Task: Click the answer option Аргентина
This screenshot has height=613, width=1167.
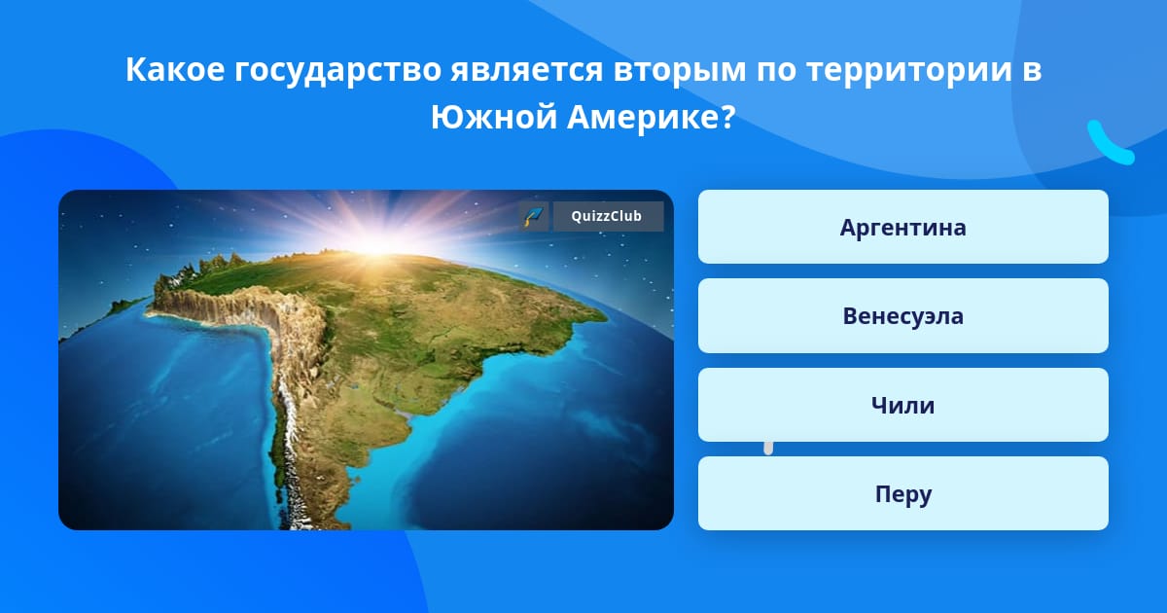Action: [x=902, y=227]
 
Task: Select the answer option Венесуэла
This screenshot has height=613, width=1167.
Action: [x=902, y=316]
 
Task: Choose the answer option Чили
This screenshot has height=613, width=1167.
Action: [x=902, y=405]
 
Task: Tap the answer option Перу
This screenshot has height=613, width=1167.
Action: [x=902, y=493]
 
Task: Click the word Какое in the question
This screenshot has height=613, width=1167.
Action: [x=175, y=69]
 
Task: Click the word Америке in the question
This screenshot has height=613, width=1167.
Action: [x=644, y=118]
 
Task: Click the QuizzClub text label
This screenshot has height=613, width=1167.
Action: [x=607, y=216]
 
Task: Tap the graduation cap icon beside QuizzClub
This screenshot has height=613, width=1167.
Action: [x=534, y=216]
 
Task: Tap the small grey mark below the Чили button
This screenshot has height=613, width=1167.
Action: [x=768, y=448]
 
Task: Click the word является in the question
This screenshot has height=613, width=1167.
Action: [x=527, y=70]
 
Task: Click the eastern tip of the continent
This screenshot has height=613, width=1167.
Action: [x=605, y=316]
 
